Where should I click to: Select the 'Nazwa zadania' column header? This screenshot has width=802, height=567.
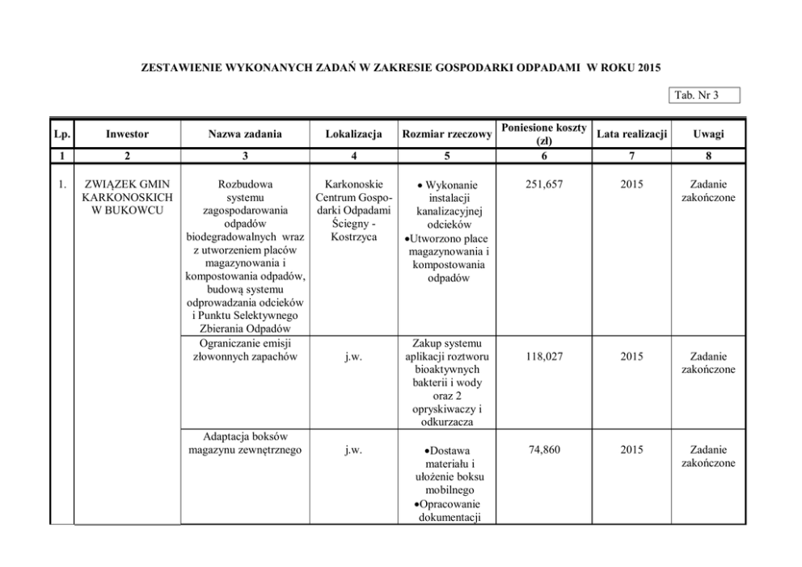click(x=244, y=134)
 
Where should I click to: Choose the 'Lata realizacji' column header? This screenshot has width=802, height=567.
click(x=631, y=134)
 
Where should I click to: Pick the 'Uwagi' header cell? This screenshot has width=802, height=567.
click(x=708, y=134)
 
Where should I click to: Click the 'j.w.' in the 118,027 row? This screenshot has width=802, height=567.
click(x=352, y=356)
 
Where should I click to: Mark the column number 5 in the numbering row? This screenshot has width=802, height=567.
click(x=447, y=155)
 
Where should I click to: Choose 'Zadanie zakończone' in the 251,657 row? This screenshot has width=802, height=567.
click(x=708, y=191)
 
